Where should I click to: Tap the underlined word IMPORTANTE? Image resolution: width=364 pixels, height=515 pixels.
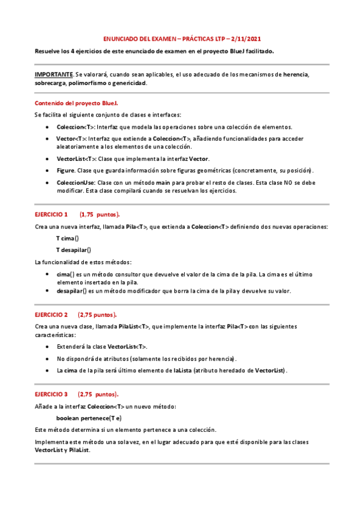pos(53,74)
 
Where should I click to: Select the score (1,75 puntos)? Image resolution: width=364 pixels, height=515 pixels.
pos(100,214)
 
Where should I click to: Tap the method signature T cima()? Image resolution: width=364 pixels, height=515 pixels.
pos(67,238)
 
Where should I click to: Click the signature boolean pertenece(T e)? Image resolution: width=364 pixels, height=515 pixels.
pos(89,418)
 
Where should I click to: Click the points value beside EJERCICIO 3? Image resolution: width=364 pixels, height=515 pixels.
pos(98,394)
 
